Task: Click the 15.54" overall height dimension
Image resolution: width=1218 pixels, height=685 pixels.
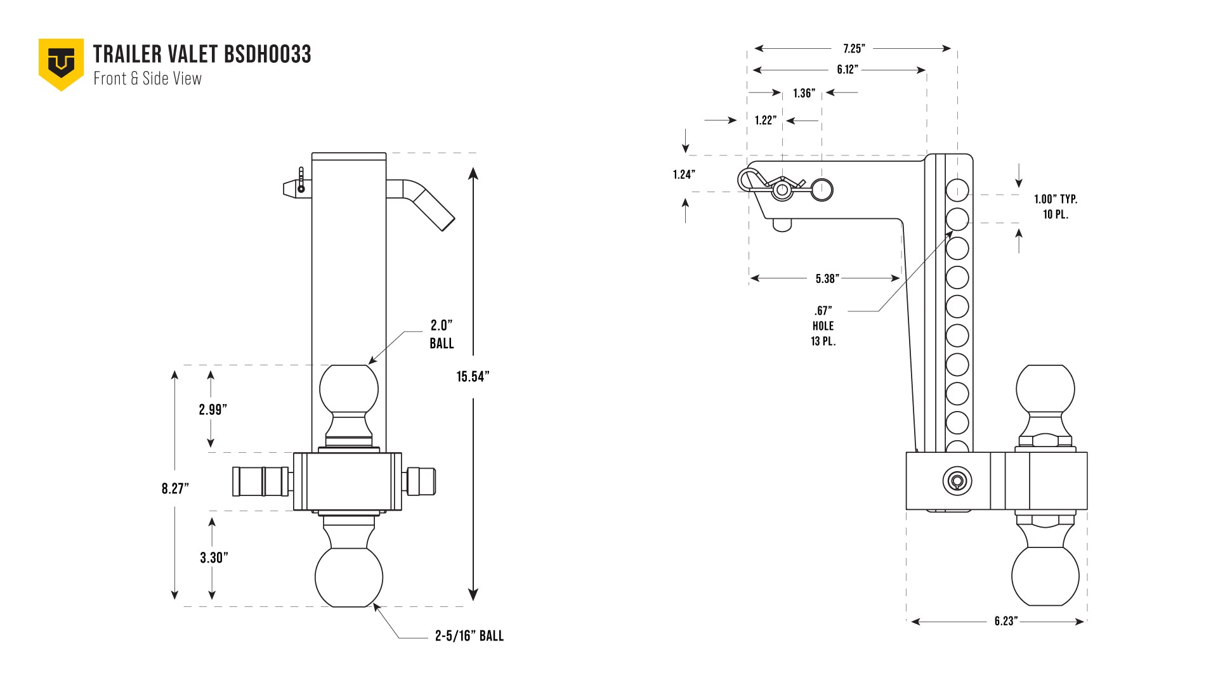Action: pyautogui.click(x=473, y=377)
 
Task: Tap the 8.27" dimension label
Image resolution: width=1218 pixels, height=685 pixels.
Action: pyautogui.click(x=175, y=488)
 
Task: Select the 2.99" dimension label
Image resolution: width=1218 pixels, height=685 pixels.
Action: pyautogui.click(x=213, y=410)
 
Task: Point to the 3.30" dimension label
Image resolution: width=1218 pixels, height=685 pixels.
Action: pyautogui.click(x=214, y=558)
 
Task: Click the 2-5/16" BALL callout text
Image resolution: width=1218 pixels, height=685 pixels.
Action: pyautogui.click(x=469, y=636)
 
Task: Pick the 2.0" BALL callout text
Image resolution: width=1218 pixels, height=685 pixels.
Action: pyautogui.click(x=442, y=334)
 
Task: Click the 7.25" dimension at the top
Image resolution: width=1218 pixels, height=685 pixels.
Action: pyautogui.click(x=854, y=49)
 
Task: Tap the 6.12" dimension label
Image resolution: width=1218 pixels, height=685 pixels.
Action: pyautogui.click(x=848, y=70)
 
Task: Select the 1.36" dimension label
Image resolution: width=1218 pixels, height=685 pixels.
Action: pyautogui.click(x=804, y=93)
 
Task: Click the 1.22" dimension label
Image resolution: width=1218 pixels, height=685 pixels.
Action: pyautogui.click(x=765, y=121)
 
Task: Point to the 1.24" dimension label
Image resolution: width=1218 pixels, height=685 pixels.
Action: pyautogui.click(x=684, y=174)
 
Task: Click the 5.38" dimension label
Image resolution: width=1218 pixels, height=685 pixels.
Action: pyautogui.click(x=827, y=278)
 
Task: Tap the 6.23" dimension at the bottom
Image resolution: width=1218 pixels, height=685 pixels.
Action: pyautogui.click(x=1005, y=621)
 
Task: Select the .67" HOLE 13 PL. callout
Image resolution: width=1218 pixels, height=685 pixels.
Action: pyautogui.click(x=823, y=326)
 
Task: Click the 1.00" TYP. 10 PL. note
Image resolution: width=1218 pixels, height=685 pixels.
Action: pyautogui.click(x=1056, y=207)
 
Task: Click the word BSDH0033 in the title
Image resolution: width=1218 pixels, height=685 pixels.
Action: pyautogui.click(x=268, y=55)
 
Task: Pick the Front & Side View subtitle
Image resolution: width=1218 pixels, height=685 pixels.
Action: pyautogui.click(x=147, y=79)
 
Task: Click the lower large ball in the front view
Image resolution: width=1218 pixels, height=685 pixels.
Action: pyautogui.click(x=349, y=577)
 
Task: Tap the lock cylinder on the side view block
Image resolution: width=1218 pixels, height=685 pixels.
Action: pyautogui.click(x=957, y=480)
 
